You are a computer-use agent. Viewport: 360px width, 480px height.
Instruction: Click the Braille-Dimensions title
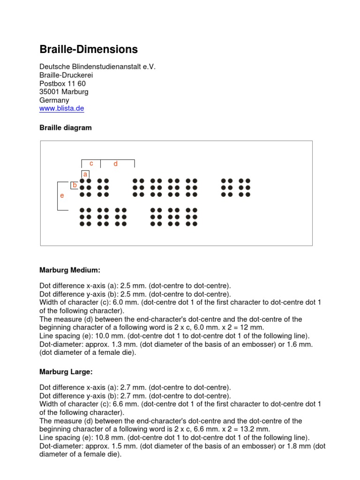point(88,49)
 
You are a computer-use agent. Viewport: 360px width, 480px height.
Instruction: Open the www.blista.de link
point(62,108)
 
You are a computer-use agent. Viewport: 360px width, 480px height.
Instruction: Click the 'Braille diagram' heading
point(65,127)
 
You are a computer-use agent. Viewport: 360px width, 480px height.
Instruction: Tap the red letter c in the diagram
point(91,164)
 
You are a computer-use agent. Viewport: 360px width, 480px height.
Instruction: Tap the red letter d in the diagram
point(115,164)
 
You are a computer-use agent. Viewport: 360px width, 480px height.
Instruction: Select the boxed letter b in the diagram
point(74,185)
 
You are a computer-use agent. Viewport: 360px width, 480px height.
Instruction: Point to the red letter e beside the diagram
point(62,195)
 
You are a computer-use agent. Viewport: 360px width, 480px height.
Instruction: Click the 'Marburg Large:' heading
point(66,372)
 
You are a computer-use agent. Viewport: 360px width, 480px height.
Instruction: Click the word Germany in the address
point(54,100)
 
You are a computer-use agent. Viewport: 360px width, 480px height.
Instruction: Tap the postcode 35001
point(50,91)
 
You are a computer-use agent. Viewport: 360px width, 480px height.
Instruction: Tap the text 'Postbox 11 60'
point(62,83)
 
